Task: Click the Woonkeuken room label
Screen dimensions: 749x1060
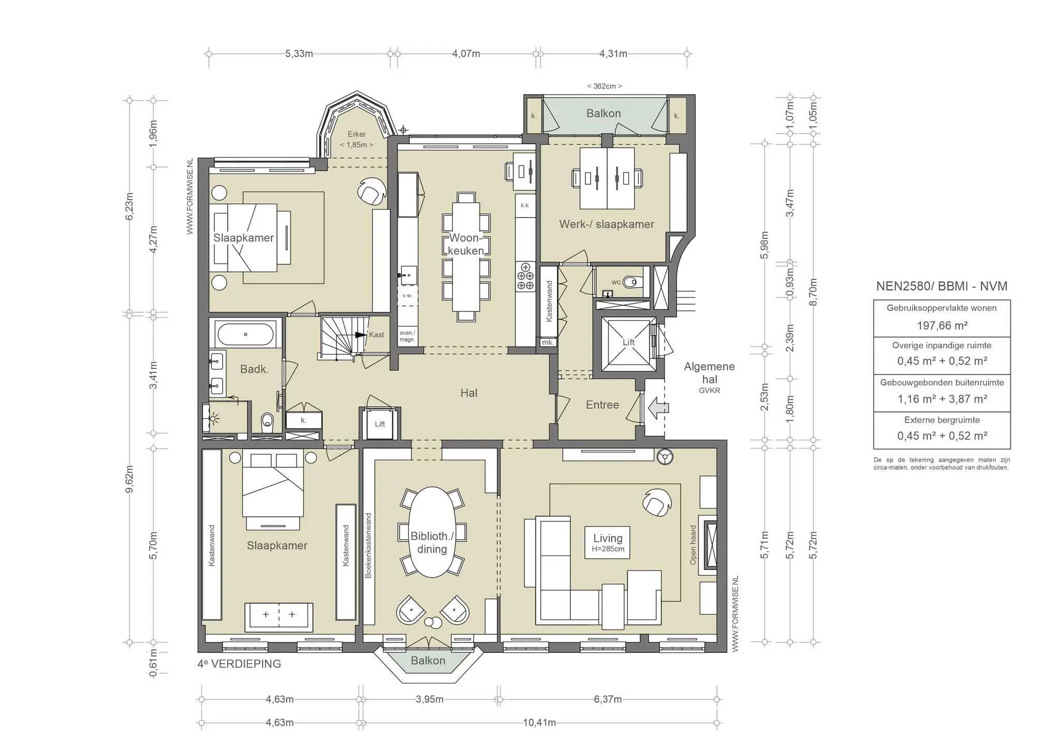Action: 466,244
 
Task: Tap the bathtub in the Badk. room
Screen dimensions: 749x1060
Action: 245,334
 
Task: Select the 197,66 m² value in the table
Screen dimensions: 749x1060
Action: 942,325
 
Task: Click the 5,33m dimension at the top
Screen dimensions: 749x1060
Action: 299,54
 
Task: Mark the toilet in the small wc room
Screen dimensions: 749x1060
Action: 631,282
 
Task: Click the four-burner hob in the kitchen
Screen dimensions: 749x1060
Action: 525,277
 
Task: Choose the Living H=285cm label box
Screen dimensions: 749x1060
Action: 608,542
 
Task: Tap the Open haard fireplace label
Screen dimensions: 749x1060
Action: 693,544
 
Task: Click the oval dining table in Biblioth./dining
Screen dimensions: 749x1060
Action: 432,533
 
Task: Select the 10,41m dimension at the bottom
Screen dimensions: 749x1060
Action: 539,723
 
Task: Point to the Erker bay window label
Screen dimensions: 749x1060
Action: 357,139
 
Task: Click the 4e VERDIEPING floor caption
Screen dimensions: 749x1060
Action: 239,664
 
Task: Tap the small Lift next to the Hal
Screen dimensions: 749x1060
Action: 380,424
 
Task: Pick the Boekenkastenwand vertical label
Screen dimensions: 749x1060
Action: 368,545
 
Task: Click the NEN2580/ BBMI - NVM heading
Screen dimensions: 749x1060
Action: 941,286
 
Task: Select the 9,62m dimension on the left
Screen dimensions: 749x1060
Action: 129,479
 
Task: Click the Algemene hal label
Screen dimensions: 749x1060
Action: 709,372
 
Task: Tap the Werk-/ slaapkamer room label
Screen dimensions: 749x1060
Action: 607,224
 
